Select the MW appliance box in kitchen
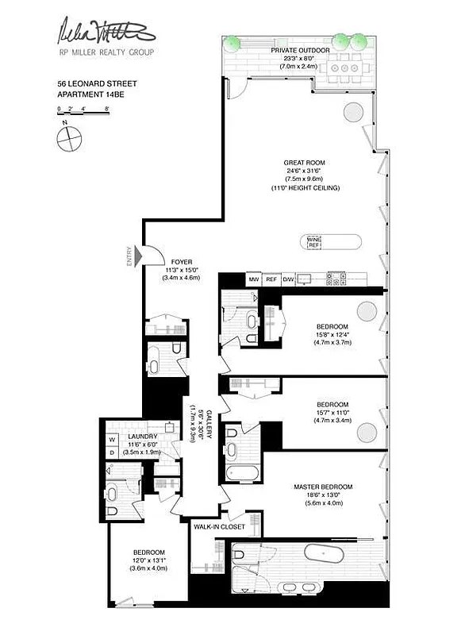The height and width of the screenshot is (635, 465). tap(254, 279)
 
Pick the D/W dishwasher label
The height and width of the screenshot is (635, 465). tap(288, 279)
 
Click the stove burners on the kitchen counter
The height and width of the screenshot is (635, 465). tap(335, 278)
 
